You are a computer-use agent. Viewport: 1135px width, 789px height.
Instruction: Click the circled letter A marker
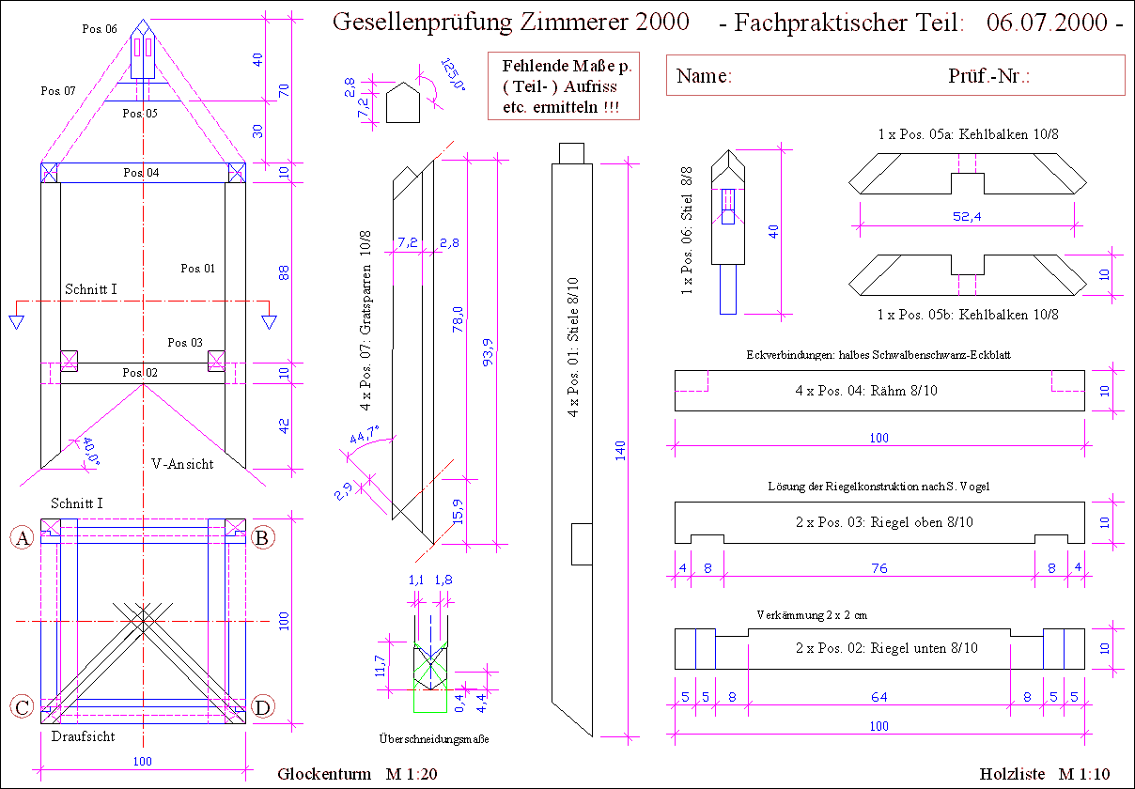click(21, 537)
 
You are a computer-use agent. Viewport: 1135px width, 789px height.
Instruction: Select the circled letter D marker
click(263, 706)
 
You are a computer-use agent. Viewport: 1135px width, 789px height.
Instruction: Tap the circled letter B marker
click(263, 537)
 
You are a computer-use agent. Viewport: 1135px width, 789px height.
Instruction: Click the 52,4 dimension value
click(965, 216)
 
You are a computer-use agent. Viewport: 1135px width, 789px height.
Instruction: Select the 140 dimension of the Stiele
click(620, 451)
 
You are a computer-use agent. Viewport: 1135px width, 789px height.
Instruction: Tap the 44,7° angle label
click(365, 437)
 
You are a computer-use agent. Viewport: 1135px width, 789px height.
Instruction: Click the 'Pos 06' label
click(100, 29)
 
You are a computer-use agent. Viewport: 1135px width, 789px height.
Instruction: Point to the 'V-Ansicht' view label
click(182, 464)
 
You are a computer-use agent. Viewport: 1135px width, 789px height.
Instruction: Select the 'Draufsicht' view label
click(83, 736)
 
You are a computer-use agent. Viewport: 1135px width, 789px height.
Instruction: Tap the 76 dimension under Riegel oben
click(878, 568)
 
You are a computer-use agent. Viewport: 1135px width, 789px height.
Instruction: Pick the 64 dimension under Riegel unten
click(878, 697)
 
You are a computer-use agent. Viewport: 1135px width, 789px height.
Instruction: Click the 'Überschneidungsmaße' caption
click(433, 739)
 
